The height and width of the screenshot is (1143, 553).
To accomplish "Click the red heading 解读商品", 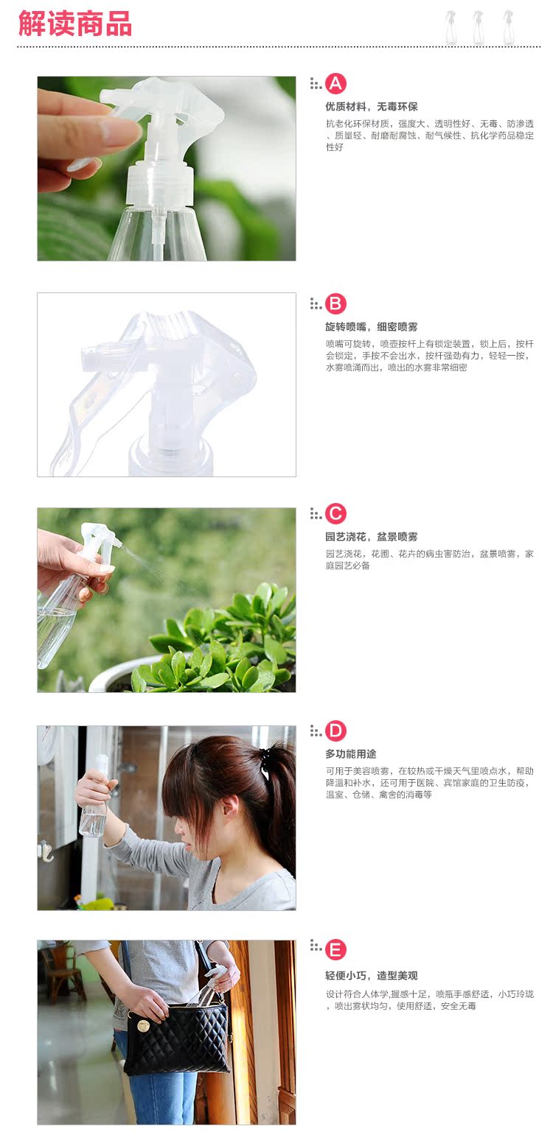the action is [x=75, y=24].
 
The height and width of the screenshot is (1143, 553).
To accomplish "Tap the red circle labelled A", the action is [x=335, y=83].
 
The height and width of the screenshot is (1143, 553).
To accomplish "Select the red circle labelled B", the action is [x=335, y=303].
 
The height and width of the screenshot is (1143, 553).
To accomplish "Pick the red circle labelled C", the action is [x=335, y=513].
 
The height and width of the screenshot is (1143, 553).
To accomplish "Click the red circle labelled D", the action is [x=335, y=731].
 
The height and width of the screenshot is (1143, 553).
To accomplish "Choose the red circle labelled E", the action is [x=335, y=949].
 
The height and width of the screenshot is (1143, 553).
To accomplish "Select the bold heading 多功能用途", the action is [x=351, y=753].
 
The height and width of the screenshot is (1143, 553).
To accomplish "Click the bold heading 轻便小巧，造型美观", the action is [x=372, y=976].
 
